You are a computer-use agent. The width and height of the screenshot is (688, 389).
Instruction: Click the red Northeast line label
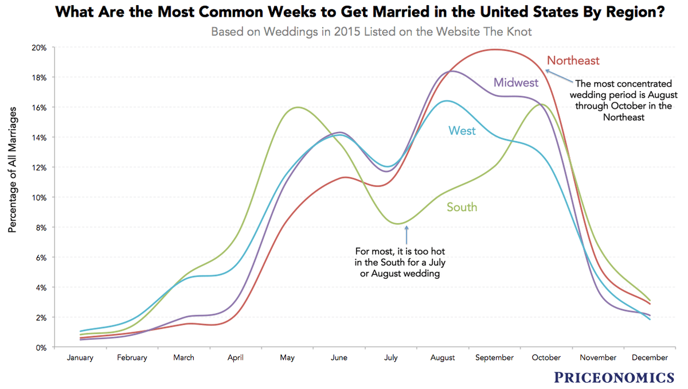tap(573, 60)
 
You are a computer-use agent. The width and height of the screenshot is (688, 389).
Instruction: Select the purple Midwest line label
tap(516, 83)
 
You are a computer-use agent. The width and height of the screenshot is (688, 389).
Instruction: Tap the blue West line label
tap(462, 131)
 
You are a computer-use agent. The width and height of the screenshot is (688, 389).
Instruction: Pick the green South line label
tap(462, 207)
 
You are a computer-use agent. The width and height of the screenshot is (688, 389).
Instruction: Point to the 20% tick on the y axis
tap(38, 48)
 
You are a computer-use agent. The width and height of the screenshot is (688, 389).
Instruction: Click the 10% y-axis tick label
tap(38, 197)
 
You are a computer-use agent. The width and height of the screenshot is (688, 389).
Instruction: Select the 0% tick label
tap(40, 347)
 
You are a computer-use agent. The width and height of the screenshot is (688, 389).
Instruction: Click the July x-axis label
tap(390, 357)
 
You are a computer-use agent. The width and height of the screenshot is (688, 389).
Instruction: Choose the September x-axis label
tap(494, 357)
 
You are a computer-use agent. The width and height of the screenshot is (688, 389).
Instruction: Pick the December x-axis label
tap(650, 357)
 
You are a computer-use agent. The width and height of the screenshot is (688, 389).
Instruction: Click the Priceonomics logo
tap(614, 377)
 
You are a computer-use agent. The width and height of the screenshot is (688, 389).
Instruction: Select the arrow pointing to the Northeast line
tap(558, 75)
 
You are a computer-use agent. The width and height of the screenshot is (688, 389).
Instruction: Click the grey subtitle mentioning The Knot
tap(371, 32)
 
